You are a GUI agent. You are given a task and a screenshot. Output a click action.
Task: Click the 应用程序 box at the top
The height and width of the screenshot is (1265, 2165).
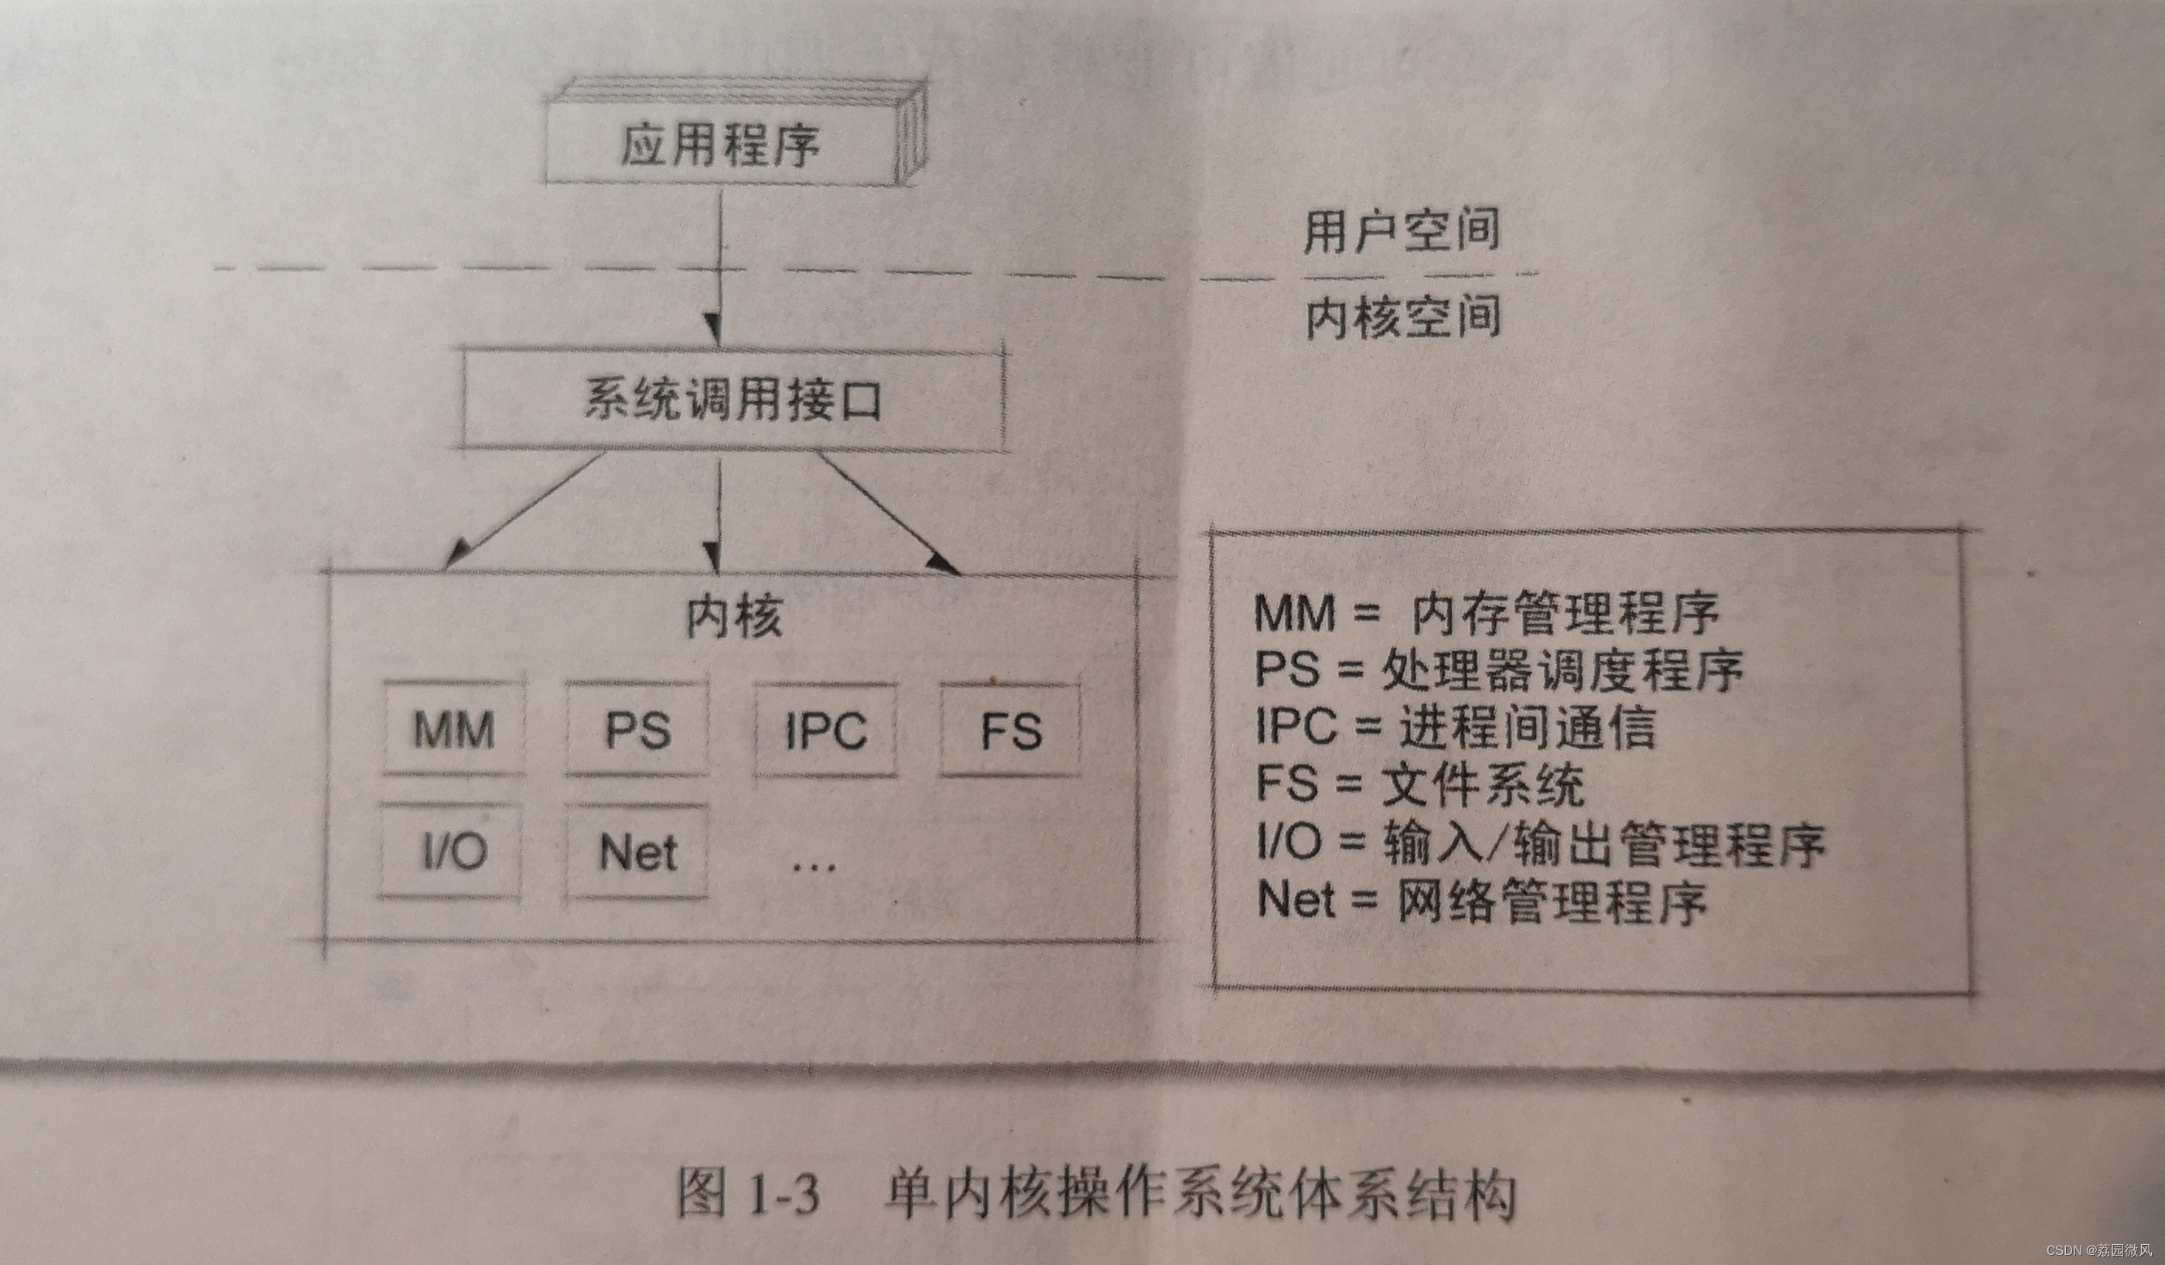click(720, 143)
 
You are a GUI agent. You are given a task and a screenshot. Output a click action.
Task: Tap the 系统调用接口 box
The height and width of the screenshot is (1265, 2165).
click(732, 399)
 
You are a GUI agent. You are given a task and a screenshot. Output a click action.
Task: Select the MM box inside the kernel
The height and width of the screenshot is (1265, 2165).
click(453, 730)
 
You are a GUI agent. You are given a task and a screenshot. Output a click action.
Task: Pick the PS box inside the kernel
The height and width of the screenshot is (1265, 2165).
click(637, 730)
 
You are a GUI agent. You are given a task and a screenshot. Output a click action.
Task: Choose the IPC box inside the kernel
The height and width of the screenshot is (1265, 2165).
click(825, 731)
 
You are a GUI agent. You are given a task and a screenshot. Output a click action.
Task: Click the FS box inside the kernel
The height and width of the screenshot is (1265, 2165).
click(1010, 731)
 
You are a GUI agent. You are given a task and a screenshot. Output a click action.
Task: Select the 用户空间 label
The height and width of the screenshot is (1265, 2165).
click(1402, 230)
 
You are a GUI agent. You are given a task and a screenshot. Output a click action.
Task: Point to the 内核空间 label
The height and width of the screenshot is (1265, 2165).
click(1403, 318)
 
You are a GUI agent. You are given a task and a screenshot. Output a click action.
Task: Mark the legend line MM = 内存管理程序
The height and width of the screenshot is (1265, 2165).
click(1487, 613)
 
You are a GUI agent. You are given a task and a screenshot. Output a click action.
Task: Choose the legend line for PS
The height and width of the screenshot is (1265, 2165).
click(1498, 670)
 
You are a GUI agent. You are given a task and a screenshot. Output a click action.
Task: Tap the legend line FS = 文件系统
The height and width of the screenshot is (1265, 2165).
click(1419, 784)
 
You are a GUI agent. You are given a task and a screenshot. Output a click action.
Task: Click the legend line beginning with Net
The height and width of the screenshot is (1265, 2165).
click(1481, 902)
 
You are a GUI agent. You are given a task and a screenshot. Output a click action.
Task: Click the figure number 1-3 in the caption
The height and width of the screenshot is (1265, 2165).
click(784, 1194)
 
